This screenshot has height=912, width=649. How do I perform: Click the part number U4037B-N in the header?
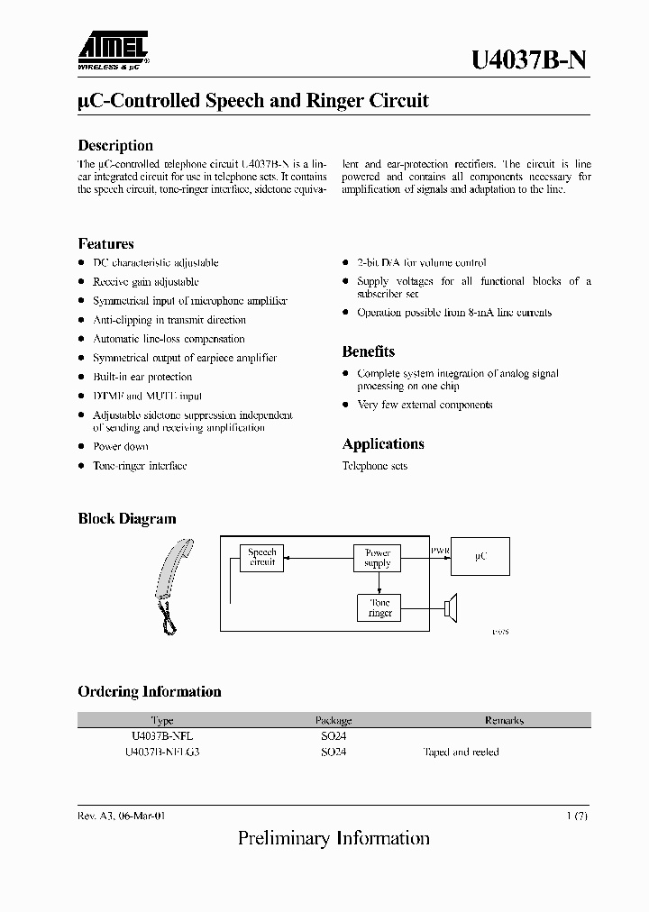[531, 60]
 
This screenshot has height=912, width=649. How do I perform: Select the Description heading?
[115, 145]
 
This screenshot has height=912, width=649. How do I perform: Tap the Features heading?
[105, 243]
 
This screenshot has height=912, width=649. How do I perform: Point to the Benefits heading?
[368, 351]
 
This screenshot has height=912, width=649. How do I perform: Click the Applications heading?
[382, 443]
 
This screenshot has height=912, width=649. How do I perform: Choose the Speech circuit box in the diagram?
[262, 558]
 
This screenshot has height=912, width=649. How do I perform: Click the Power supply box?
[377, 558]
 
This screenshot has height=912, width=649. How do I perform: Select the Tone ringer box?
[379, 607]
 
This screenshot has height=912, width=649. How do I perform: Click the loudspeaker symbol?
[452, 607]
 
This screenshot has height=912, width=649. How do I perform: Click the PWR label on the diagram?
[440, 549]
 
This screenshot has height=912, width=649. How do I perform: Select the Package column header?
[334, 721]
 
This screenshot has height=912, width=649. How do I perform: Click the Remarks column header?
[504, 721]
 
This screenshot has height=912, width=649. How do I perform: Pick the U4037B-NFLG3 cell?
[162, 752]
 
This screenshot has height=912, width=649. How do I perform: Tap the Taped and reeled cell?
[461, 752]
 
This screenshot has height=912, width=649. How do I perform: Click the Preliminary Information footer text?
[334, 839]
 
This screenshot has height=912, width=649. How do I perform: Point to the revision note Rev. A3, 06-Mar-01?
[122, 815]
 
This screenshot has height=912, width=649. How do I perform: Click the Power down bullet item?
[121, 446]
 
